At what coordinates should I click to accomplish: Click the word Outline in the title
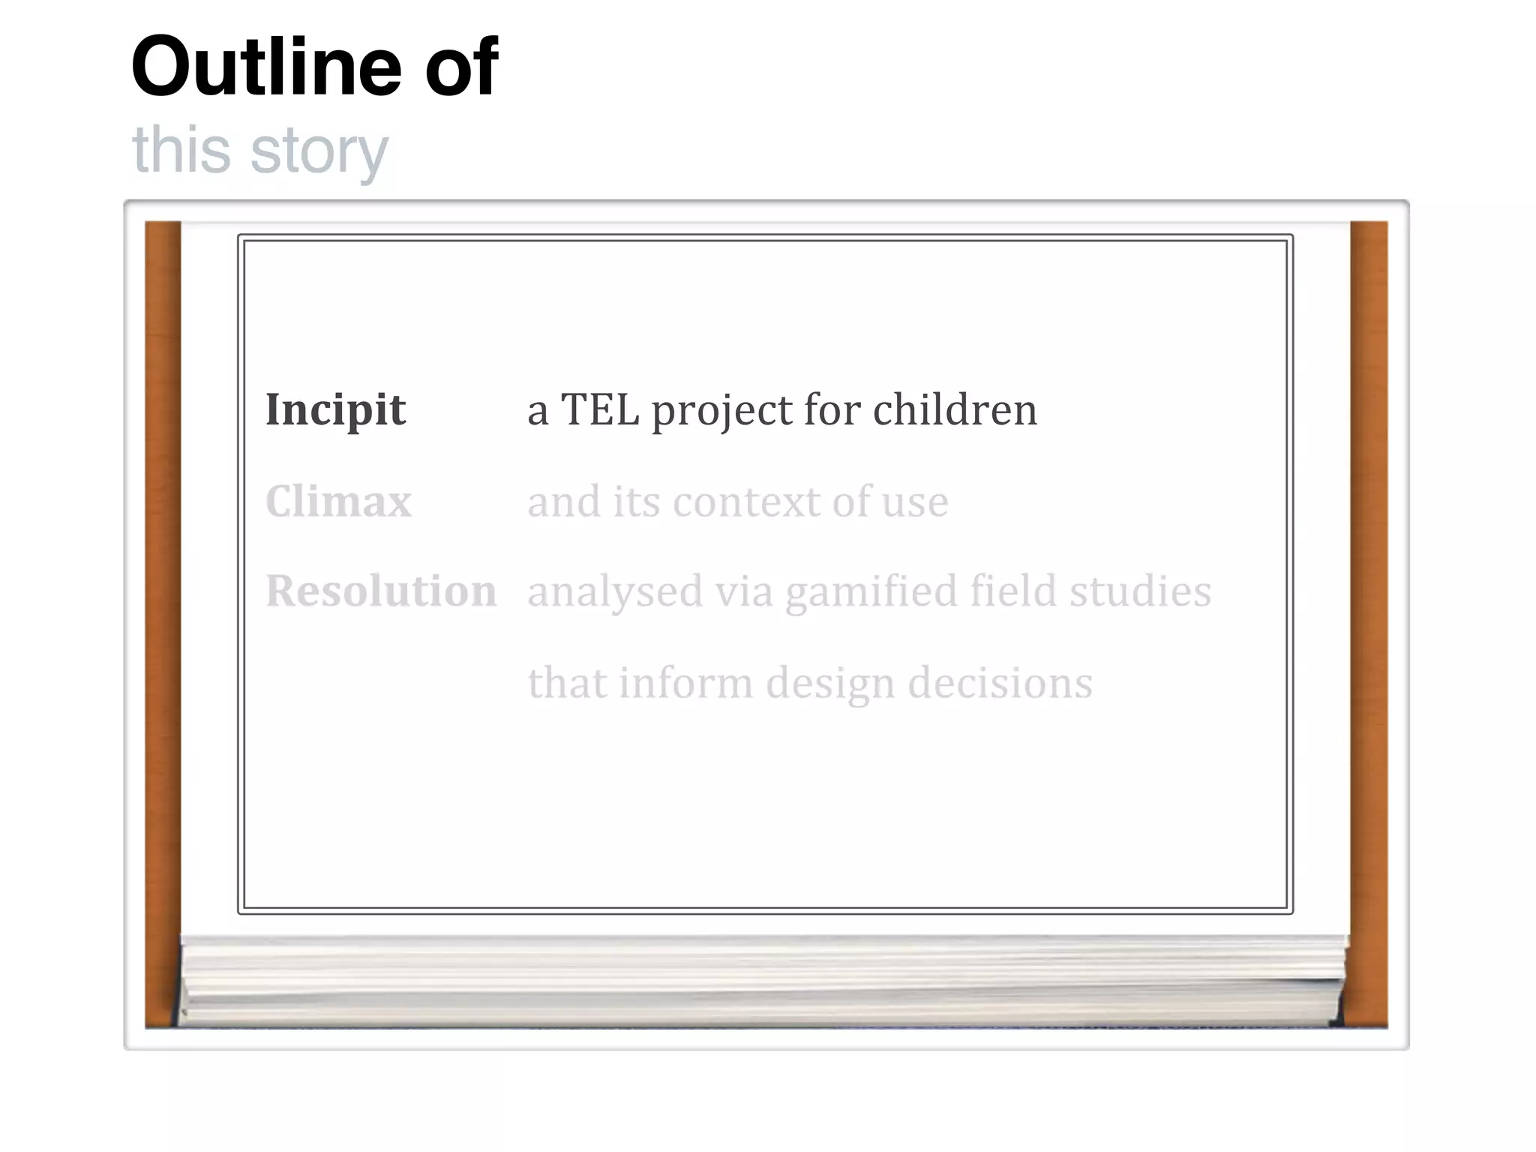(267, 67)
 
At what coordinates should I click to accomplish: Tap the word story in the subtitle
(319, 150)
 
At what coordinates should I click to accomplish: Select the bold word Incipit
(335, 410)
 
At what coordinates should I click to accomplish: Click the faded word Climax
(338, 501)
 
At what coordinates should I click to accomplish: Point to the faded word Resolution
(381, 591)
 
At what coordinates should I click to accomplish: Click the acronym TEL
(600, 410)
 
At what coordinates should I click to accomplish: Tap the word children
(955, 410)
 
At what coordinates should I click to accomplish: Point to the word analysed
(615, 592)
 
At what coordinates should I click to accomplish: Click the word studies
(1140, 591)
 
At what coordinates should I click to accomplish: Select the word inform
(685, 682)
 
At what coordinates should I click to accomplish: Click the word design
(830, 684)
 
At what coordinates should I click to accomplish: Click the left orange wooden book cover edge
(163, 622)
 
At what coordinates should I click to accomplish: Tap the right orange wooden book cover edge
(1369, 622)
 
